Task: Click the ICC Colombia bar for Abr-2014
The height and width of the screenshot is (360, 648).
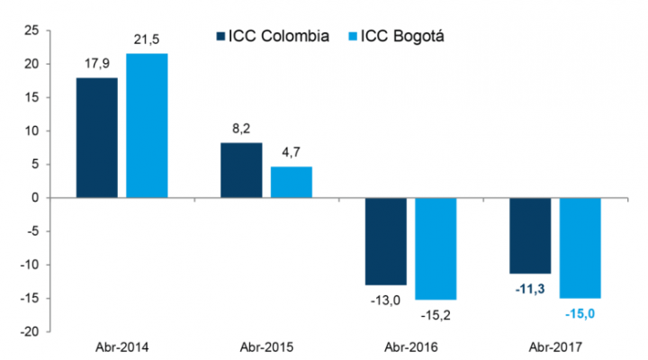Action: [x=96, y=138]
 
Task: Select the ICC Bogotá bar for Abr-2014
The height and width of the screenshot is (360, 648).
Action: [x=147, y=125]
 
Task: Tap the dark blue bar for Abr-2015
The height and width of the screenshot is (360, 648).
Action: [x=241, y=170]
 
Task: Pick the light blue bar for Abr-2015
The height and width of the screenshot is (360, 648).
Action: [x=291, y=182]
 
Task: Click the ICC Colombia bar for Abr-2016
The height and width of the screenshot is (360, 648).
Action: [x=385, y=240]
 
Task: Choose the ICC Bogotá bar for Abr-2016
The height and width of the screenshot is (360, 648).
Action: [x=436, y=247]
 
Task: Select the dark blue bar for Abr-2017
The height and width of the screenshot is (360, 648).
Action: [x=530, y=235]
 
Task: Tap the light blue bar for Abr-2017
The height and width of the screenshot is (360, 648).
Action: [x=580, y=247]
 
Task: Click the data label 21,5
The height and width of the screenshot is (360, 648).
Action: [x=147, y=41]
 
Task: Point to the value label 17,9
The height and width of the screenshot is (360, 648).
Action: [x=96, y=65]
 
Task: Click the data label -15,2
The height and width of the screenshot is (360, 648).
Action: [x=436, y=313]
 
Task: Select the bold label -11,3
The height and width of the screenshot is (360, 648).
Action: [x=530, y=288]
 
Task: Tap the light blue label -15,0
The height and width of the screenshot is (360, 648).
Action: [x=580, y=312]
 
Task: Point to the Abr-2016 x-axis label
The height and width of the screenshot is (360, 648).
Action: [x=410, y=347]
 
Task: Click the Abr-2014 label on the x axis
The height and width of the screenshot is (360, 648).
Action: [x=121, y=347]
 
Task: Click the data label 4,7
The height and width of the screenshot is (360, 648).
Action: [x=291, y=154]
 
